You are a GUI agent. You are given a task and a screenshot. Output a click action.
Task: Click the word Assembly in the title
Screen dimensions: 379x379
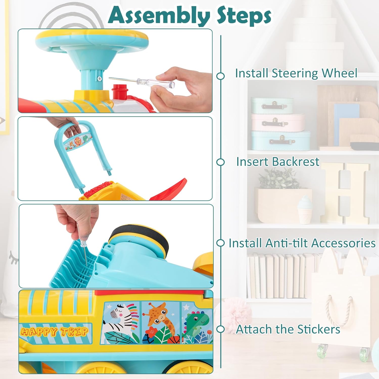click(159, 16)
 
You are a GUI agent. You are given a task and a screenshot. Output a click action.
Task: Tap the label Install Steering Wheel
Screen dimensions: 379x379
click(296, 73)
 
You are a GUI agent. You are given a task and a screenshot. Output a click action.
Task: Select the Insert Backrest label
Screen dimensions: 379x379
click(278, 162)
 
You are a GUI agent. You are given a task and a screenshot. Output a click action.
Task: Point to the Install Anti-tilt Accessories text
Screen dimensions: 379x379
click(302, 243)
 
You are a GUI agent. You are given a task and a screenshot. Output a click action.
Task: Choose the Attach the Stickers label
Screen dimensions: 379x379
click(288, 329)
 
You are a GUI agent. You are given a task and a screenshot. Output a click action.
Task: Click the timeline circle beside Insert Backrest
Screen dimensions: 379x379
click(221, 162)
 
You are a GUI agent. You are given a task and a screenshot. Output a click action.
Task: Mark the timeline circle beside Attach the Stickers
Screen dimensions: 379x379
click(221, 329)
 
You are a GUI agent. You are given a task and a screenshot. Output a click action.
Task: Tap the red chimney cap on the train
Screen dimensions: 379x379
click(118, 91)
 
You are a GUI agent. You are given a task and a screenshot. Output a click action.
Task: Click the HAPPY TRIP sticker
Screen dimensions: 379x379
click(55, 332)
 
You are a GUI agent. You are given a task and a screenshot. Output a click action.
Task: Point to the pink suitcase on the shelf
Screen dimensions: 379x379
click(278, 122)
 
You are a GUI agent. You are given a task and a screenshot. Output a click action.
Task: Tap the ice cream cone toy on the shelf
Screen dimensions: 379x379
click(304, 210)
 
